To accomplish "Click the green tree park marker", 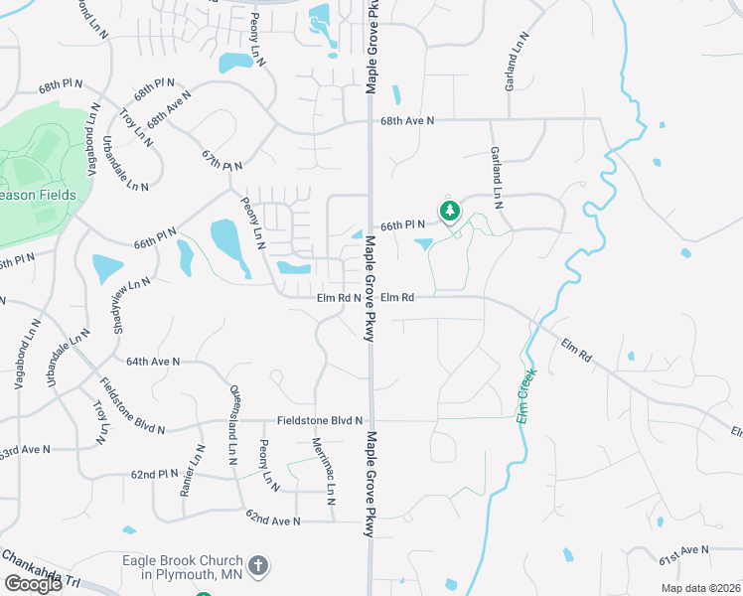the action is point(450,211).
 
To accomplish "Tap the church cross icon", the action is point(257,567).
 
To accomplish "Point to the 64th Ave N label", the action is point(154,362).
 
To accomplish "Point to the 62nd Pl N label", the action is point(155,474).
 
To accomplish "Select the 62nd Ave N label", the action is point(273,520).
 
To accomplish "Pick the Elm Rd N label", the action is point(338,297).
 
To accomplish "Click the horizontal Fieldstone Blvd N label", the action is point(320,421).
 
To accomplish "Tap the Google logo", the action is point(33,583).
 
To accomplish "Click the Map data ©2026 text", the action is point(700,588).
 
